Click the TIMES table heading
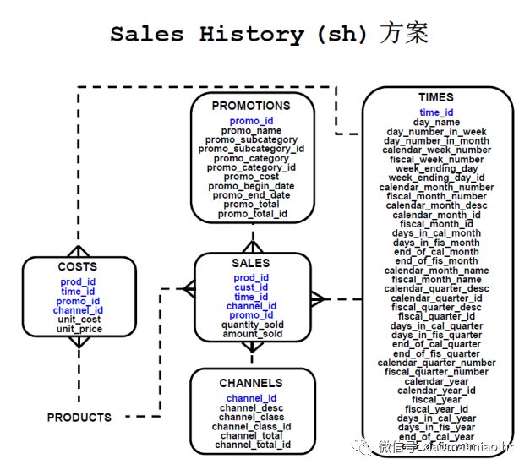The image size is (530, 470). tap(435, 98)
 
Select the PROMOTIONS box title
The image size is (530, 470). tap(250, 107)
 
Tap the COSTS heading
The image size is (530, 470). tap(78, 267)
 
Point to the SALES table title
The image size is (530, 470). tap(250, 263)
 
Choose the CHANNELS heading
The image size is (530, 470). tap(251, 383)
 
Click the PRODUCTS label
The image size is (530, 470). tap(79, 418)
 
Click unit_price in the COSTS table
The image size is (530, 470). tap(79, 329)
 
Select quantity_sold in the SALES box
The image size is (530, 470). tap(251, 325)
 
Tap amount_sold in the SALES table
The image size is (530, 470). tap(251, 335)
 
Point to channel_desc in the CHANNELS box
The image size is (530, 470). tap(251, 408)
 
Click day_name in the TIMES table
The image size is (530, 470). tap(436, 122)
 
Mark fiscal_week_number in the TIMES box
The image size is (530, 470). tap(436, 159)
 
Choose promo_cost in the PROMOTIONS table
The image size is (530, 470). tap(250, 177)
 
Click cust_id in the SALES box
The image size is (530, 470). tap(251, 287)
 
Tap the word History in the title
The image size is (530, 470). tap(251, 35)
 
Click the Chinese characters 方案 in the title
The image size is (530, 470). tap(403, 34)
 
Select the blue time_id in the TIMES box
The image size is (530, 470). tap(436, 112)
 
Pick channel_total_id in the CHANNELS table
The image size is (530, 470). tap(252, 445)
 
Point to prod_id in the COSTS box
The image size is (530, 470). tap(79, 281)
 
